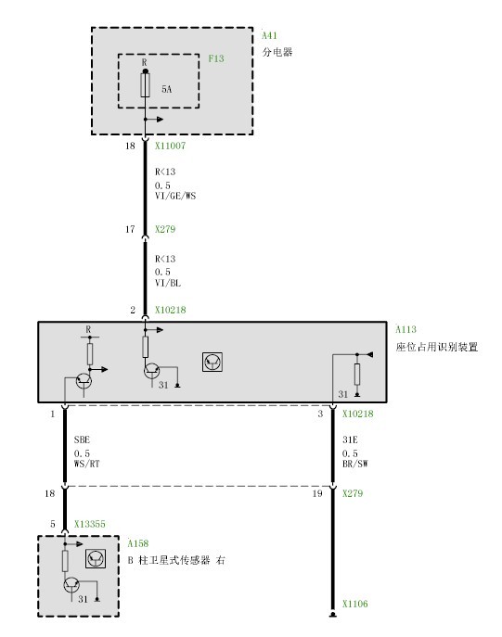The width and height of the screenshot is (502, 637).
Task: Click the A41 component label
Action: [x=269, y=36]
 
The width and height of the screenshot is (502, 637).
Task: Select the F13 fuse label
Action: [x=216, y=58]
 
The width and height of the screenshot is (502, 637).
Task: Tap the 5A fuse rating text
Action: [x=167, y=89]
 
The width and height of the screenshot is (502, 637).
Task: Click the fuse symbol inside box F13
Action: [x=145, y=85]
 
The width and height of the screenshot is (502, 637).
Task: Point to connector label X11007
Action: [x=170, y=146]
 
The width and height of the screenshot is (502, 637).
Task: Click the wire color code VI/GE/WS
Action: [x=175, y=196]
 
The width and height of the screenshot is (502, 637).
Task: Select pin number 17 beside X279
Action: [x=130, y=229]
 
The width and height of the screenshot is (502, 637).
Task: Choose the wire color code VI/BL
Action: [x=167, y=283]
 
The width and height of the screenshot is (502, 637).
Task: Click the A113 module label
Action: [x=405, y=329]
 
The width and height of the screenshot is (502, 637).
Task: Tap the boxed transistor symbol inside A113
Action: [x=212, y=362]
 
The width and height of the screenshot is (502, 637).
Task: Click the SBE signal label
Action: [x=82, y=440]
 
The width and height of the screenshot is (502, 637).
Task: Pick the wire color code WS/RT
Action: [x=86, y=464]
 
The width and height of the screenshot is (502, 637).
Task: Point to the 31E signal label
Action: [x=350, y=440]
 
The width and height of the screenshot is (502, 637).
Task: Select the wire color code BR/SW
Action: [x=354, y=464]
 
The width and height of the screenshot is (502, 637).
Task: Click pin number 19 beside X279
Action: [x=317, y=493]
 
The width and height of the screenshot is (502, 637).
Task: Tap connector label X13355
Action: [x=89, y=524]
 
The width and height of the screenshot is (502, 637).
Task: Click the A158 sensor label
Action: [x=138, y=543]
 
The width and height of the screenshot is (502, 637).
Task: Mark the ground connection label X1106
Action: [x=354, y=604]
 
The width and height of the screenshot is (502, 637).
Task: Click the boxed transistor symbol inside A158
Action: [x=96, y=558]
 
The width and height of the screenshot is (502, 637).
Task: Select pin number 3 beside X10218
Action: [x=320, y=414]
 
